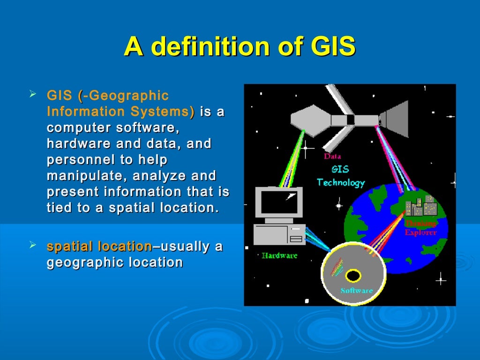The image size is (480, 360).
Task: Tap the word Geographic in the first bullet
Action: [x=128, y=96]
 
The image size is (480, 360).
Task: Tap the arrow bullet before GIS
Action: [x=33, y=95]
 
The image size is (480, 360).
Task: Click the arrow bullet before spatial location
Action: [x=33, y=245]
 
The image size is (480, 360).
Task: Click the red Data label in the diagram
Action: [x=332, y=157]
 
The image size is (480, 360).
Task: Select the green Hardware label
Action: [x=279, y=256]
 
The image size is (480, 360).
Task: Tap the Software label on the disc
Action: [x=356, y=291]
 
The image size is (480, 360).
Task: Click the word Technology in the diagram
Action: [x=341, y=182]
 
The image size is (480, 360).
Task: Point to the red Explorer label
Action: [x=420, y=232]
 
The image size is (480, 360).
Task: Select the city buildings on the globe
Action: [x=420, y=207]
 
